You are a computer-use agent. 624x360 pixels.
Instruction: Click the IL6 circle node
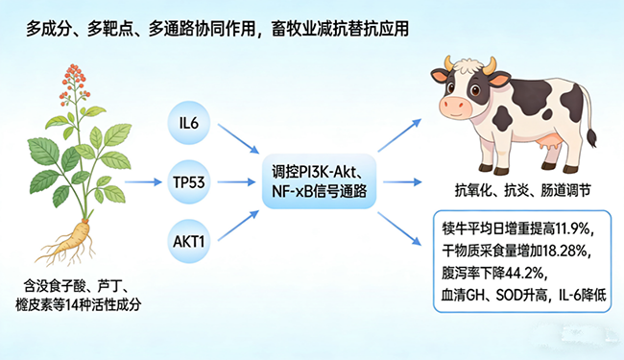[x=187, y=123]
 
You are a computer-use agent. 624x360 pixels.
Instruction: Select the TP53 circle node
[x=187, y=180]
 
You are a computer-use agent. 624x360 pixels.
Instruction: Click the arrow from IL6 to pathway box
[x=235, y=140]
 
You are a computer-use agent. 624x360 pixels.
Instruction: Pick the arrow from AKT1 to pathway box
[x=235, y=221]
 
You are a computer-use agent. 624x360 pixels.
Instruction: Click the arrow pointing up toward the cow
[x=401, y=135]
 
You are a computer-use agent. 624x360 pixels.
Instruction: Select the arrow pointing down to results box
[x=401, y=227]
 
